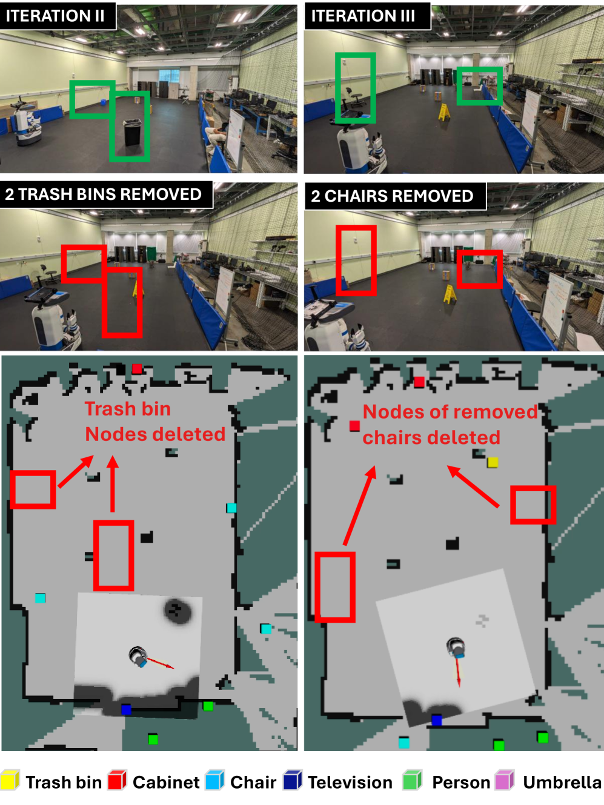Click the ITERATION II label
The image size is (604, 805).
coord(55,16)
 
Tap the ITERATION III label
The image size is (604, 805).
coord(363,16)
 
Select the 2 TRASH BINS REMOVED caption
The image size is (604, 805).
coord(104,194)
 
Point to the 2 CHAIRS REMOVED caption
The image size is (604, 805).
coord(392,196)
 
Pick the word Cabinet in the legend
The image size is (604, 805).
coord(166,782)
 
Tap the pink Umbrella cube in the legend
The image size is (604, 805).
coord(505,780)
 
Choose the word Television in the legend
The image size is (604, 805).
coord(350,782)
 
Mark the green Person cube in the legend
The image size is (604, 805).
coord(412,780)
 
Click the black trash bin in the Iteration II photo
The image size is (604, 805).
coord(132,132)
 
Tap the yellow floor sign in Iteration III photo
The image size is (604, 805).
coord(444,111)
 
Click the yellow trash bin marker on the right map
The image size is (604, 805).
coord(493,462)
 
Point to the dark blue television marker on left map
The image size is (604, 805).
coord(126,709)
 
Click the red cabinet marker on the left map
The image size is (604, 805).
coord(137,368)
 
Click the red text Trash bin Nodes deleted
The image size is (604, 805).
coord(155,422)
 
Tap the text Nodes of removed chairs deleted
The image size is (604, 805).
coord(450,425)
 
